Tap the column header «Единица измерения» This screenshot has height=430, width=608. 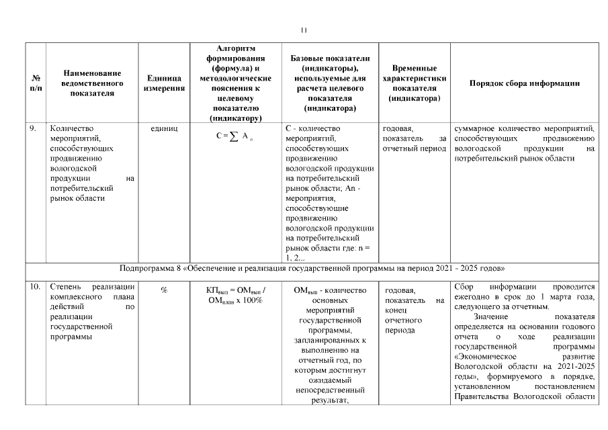point(164,83)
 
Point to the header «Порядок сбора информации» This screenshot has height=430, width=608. point(524,83)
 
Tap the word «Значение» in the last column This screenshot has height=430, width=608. point(494,316)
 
